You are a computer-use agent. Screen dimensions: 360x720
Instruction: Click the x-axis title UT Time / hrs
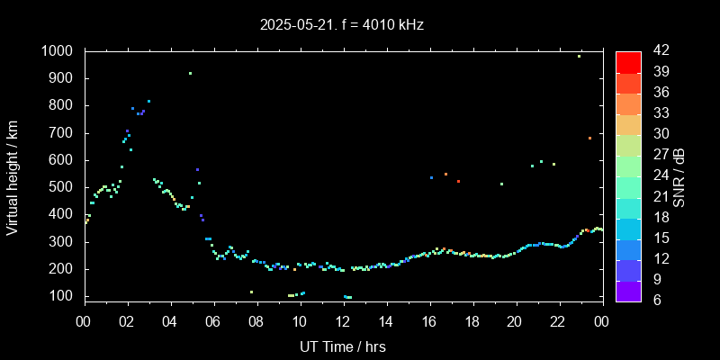click(342, 346)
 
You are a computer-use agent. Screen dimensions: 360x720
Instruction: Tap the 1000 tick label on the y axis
click(58, 51)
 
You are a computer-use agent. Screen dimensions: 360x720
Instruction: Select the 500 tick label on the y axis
click(61, 187)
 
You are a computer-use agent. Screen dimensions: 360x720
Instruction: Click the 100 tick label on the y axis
click(61, 296)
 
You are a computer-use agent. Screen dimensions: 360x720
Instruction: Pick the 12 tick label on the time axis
click(342, 321)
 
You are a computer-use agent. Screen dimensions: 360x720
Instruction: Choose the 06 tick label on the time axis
click(213, 321)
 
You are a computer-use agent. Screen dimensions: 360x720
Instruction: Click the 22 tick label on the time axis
click(558, 321)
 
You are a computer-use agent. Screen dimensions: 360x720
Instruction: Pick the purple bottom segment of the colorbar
click(628, 290)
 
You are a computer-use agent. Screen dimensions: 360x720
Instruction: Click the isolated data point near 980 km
click(579, 56)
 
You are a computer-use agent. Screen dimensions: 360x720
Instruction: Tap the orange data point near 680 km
click(589, 138)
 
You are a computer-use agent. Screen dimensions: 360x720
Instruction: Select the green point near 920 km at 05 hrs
click(190, 74)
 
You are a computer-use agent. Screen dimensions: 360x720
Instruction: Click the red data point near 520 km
click(458, 181)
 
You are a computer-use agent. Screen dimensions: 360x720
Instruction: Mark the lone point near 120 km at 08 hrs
click(251, 292)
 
